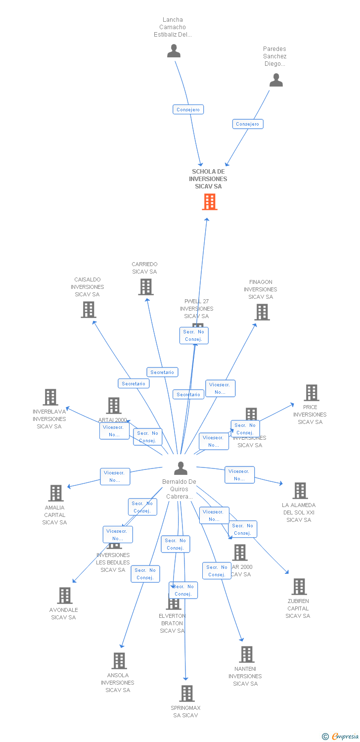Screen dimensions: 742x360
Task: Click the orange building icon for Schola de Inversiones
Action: pos(210,202)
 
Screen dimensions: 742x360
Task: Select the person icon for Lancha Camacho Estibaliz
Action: pos(174,51)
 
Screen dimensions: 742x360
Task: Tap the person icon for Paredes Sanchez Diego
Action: pos(276,80)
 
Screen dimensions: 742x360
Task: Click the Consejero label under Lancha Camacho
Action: pos(188,109)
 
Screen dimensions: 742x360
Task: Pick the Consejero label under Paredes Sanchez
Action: pos(248,124)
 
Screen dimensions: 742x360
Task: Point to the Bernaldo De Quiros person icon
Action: pos(181,468)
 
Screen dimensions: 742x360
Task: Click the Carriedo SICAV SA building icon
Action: pos(146,287)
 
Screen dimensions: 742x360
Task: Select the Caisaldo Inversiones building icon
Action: pos(89,310)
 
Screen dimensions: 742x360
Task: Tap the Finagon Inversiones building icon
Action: pos(262,312)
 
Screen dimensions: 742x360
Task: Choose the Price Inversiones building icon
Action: pos(311,393)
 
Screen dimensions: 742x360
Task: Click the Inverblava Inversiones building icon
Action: pos(50,397)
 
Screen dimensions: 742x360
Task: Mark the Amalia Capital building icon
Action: pos(56,493)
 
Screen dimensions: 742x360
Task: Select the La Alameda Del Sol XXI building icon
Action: pos(300,491)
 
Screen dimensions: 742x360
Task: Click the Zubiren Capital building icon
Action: pos(299,587)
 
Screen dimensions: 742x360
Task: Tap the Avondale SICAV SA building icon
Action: pos(65,596)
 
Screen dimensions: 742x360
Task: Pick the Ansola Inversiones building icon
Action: pos(119,661)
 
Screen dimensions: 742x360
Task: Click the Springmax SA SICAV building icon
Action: pos(187,694)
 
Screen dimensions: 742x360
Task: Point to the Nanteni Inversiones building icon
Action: pos(247,654)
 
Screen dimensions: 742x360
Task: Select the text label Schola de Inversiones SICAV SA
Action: pos(208,179)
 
